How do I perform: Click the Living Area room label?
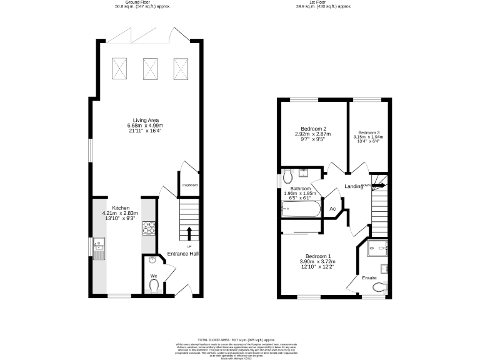[x=145, y=120]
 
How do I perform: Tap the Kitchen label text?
[x=121, y=207]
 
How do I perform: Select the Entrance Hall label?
[x=182, y=254]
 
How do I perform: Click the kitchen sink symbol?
[x=99, y=249]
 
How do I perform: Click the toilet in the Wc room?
[x=154, y=285]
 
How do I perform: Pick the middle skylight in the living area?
[x=151, y=68]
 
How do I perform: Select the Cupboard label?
[x=189, y=185]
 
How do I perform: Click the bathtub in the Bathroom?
[x=301, y=209]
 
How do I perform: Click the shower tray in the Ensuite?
[x=378, y=248]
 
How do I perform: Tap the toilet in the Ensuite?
[x=377, y=287]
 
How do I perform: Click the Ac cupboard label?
[x=332, y=208]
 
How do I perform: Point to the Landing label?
[x=354, y=186]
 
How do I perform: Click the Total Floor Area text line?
[x=240, y=338]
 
